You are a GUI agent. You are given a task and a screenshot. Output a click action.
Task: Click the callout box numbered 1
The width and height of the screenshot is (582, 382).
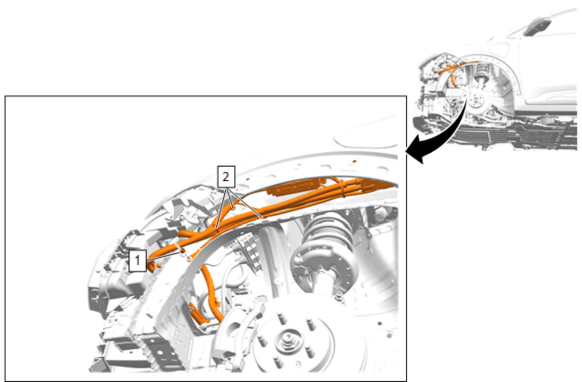click(137, 261)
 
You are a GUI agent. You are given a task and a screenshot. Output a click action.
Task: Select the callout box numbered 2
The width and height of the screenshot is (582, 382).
click(226, 177)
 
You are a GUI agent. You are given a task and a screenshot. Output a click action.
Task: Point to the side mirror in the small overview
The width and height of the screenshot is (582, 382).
click(537, 26)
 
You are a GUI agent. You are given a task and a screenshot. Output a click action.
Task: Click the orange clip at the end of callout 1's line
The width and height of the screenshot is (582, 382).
click(183, 250)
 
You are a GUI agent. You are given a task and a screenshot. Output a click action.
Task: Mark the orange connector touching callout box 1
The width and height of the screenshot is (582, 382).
click(151, 267)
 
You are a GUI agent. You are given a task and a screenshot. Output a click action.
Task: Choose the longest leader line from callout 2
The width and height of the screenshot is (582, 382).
click(245, 203)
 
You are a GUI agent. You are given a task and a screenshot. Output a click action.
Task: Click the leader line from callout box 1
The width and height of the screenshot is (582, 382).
click(164, 255)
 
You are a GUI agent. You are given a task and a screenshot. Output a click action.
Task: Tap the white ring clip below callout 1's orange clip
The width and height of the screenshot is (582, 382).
click(190, 258)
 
